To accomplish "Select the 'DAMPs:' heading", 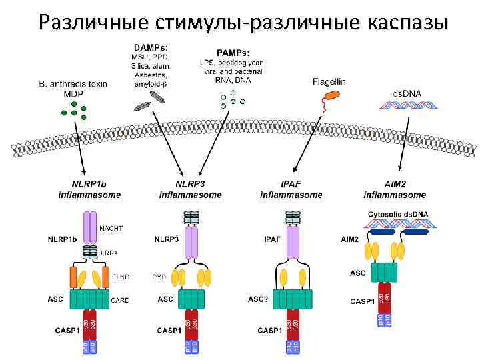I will [x=151, y=47].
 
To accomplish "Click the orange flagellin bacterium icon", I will [x=329, y=98].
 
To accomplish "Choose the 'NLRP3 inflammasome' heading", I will [x=190, y=189].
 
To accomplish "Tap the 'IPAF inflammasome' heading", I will [x=291, y=189].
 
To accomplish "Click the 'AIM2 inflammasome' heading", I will [x=395, y=189].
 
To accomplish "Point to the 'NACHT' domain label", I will [x=111, y=228].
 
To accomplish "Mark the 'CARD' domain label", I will [x=121, y=300].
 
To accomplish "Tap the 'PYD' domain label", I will [x=159, y=276].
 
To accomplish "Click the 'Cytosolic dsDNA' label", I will [x=399, y=214].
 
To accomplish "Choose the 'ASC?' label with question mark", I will [x=258, y=299].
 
